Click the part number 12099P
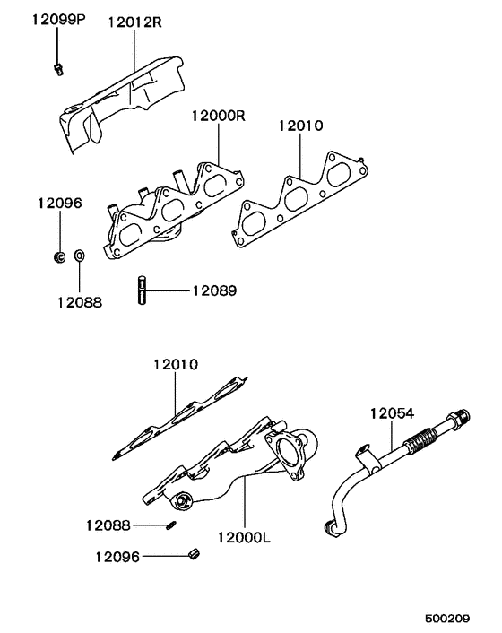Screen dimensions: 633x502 point(59,19)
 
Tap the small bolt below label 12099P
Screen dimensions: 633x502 point(57,68)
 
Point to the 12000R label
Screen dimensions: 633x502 point(217,117)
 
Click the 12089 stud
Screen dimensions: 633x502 point(142,291)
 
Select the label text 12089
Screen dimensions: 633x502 point(214,290)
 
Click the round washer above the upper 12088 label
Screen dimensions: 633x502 point(80,258)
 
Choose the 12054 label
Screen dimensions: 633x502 point(393,413)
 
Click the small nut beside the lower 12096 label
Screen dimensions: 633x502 point(194,557)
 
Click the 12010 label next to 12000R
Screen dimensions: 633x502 point(300,126)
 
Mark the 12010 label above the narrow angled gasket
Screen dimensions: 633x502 point(175,365)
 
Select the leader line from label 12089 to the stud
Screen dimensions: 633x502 point(168,290)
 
